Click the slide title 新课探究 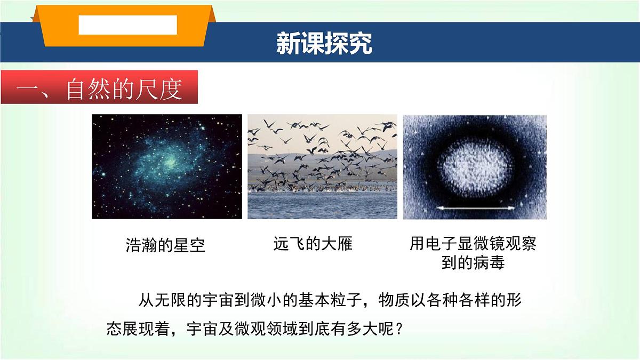[x=324, y=44]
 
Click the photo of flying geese [x=322, y=166]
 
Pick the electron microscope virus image [x=475, y=166]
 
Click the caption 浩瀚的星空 [x=165, y=245]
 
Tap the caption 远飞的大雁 [x=313, y=244]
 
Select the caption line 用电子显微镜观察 [x=473, y=244]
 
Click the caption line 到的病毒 [x=473, y=263]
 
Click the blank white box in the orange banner [x=127, y=25]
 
